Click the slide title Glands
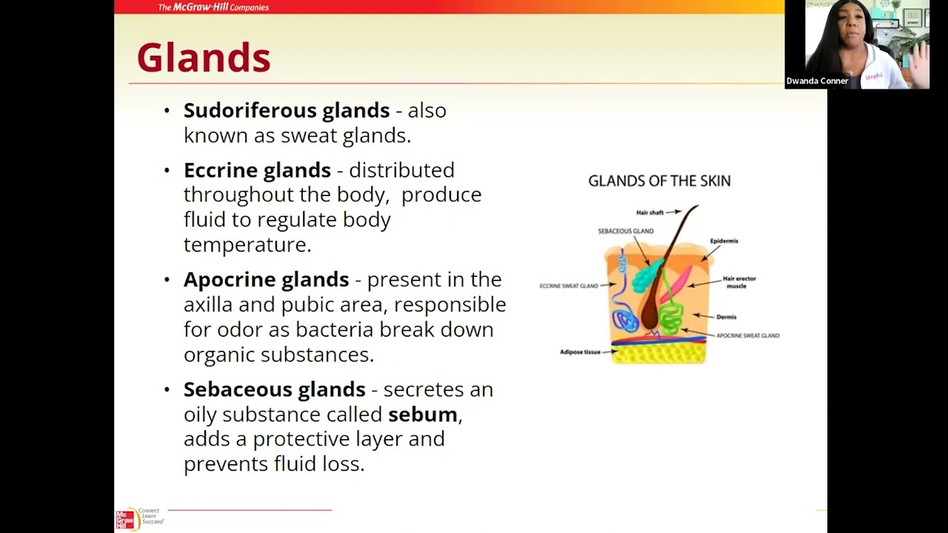click(x=204, y=58)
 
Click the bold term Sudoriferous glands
click(x=286, y=110)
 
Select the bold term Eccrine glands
click(x=257, y=170)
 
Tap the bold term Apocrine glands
click(x=266, y=280)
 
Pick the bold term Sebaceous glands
click(x=274, y=389)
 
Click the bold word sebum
click(x=422, y=415)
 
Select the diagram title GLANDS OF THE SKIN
click(x=659, y=181)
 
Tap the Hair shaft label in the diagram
click(x=650, y=212)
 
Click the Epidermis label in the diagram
click(x=724, y=241)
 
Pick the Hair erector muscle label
click(x=738, y=282)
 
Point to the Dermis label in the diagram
click(x=726, y=317)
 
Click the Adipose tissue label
click(x=580, y=352)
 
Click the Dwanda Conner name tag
click(x=817, y=81)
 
